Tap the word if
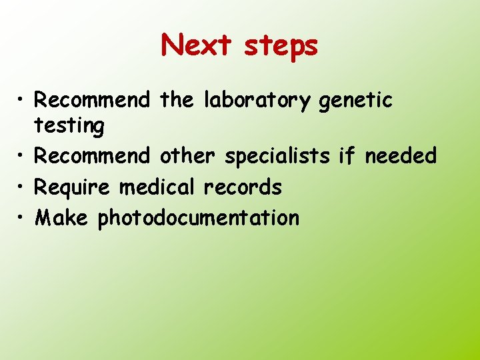coord(347,156)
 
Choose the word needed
coord(400,156)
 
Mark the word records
coord(243,187)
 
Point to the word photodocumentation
coord(199,219)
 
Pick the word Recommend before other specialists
coord(92,156)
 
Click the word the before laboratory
coord(177,101)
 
